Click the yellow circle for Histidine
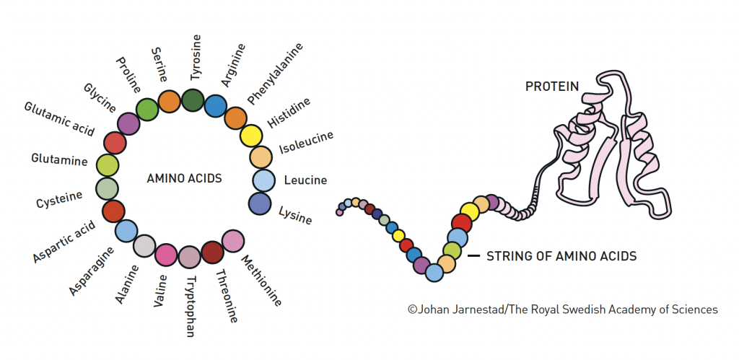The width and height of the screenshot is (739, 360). coord(251,136)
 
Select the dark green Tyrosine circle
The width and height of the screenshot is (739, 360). coord(193,100)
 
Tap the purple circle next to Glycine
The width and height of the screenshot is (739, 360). coord(128,123)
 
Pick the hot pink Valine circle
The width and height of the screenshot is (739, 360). coord(166,255)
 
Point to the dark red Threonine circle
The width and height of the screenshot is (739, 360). coord(212,253)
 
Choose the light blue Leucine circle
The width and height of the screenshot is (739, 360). coord(263,180)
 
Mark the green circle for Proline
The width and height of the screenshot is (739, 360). coord(147,109)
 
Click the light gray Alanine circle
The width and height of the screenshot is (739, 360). coord(144,246)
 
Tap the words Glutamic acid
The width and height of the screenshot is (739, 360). coord(59,118)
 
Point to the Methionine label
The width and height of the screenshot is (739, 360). coord(261,281)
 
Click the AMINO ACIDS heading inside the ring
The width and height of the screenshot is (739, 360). coord(184,177)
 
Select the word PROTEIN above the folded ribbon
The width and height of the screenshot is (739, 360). coord(551,87)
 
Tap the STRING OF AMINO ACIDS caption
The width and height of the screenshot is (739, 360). coord(561,256)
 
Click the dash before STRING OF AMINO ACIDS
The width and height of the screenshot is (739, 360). coord(473,256)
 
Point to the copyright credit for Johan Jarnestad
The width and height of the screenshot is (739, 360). coord(563,309)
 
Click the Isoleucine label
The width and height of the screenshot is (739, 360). coord(306,144)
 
